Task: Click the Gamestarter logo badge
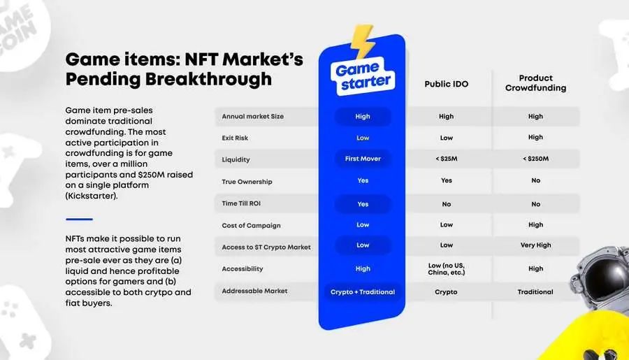[x=363, y=76]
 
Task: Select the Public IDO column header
[x=447, y=84]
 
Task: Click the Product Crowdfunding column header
[x=535, y=83]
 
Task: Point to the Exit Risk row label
[x=235, y=138]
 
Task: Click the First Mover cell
[x=363, y=159]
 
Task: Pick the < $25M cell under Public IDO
[x=446, y=159]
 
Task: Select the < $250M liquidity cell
[x=535, y=159]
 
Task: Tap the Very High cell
[x=535, y=245]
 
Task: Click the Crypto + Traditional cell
[x=363, y=292]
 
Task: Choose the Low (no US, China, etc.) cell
[x=446, y=269]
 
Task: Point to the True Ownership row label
[x=247, y=182]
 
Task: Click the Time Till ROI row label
[x=241, y=203]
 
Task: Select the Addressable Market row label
[x=254, y=291]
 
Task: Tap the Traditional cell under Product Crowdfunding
[x=535, y=292]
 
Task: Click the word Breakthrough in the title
[x=208, y=79]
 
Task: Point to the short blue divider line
[x=79, y=219]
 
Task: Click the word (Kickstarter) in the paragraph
[x=92, y=196]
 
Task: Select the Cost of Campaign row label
[x=251, y=226]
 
